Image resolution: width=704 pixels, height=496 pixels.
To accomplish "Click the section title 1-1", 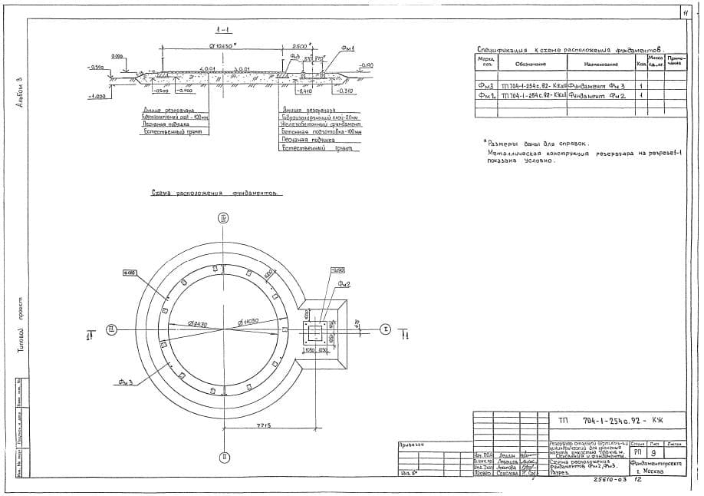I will coord(223,30).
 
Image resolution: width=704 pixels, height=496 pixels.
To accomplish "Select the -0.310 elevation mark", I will coord(344,91).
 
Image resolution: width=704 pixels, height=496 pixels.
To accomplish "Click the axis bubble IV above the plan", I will coord(223,218).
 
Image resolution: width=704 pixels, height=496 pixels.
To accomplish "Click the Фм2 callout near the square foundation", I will coord(345,284).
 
